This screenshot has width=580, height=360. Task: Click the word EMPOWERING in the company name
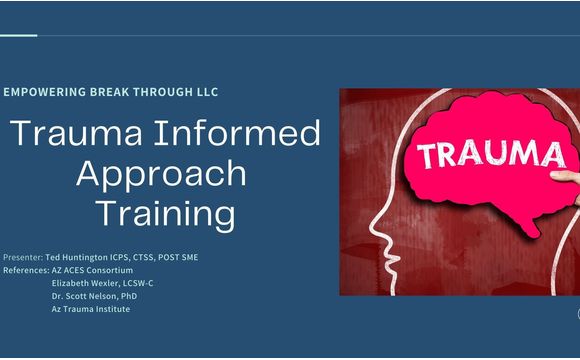(43, 92)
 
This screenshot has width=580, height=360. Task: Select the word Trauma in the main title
(71, 134)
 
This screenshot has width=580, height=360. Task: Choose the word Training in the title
(165, 213)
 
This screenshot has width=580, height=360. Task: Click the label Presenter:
(23, 257)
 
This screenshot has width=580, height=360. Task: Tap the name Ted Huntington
(79, 257)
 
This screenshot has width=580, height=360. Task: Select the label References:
(26, 270)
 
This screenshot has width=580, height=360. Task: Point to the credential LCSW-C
(136, 283)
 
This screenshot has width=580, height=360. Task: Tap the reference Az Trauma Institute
(90, 309)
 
